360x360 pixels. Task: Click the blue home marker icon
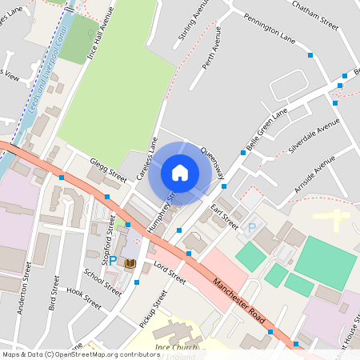(179, 172)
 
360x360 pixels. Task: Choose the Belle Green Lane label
(264, 131)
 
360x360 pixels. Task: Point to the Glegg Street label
(108, 170)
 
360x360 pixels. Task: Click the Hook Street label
(84, 299)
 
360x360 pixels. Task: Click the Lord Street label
(169, 272)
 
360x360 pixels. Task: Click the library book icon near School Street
(130, 262)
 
